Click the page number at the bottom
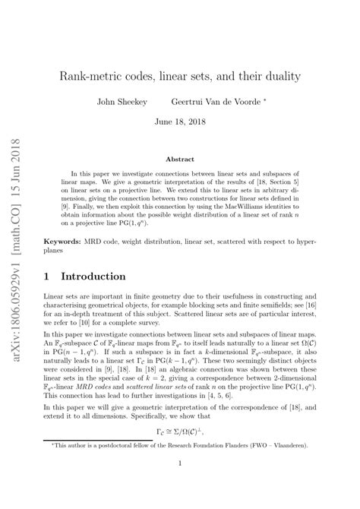[179, 483]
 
